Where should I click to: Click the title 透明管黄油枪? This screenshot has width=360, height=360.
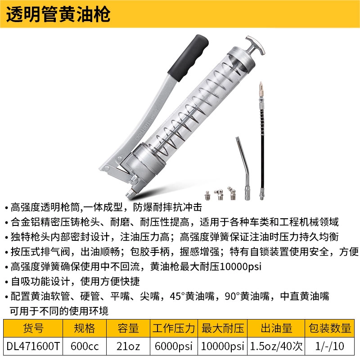click(x=58, y=14)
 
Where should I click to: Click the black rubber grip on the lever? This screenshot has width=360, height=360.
click(x=188, y=58)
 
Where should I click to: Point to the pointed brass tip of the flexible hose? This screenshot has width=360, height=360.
click(x=261, y=87)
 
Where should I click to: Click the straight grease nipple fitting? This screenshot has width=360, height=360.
click(x=207, y=196)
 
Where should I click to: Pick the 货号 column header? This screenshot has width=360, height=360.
click(x=33, y=328)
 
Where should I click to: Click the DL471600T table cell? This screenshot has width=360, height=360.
click(x=33, y=346)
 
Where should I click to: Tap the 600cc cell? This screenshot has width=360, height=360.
click(x=85, y=346)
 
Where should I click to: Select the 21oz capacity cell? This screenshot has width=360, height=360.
click(x=128, y=346)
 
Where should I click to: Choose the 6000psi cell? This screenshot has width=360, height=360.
click(x=174, y=346)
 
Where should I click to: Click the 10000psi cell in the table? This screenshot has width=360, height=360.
click(x=222, y=346)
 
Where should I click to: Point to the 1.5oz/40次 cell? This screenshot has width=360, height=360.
click(x=276, y=346)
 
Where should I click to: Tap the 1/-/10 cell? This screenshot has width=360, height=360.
click(x=330, y=346)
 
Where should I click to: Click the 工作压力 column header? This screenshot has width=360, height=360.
click(x=174, y=328)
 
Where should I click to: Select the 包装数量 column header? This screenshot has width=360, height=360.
click(x=330, y=328)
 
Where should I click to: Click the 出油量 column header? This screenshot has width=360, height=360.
click(x=276, y=328)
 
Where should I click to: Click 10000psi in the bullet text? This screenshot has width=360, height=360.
click(x=241, y=267)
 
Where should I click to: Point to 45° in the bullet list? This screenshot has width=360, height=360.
click(x=177, y=296)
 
